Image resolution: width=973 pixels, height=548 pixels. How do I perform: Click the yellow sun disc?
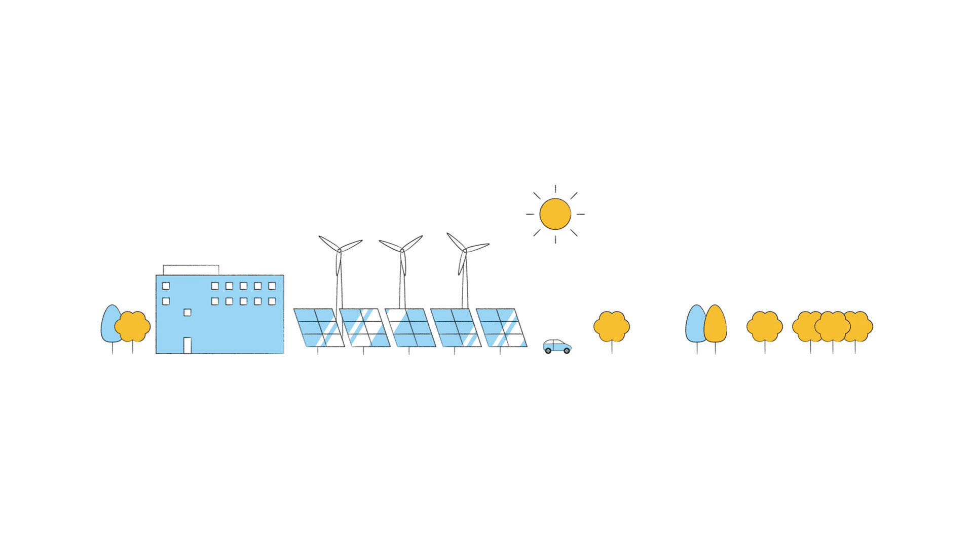555,214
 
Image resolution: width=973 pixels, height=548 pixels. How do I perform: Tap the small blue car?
557,346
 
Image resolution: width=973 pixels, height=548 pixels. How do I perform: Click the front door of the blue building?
187,345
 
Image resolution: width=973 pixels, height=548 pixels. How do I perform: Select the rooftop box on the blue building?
191,269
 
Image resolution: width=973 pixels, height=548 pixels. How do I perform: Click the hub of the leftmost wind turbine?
339,250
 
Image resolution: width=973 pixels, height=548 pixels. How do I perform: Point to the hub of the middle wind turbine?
402,250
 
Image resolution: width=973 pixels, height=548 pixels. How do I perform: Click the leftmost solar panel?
319,328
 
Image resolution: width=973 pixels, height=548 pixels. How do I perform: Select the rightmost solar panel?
501,328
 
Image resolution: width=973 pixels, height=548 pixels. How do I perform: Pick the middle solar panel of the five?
410,328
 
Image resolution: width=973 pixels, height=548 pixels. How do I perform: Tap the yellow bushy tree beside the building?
133,326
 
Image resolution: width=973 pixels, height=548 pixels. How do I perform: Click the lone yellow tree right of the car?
612,326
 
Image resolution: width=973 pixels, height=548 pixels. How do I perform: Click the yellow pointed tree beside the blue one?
716,324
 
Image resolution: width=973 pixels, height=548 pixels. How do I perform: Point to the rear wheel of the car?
548,351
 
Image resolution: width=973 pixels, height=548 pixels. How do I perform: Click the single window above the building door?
187,313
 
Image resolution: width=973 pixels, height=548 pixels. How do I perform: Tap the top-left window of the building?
166,286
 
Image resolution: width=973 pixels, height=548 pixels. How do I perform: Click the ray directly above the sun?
555,189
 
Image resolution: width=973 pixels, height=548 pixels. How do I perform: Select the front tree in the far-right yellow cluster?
832,326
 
